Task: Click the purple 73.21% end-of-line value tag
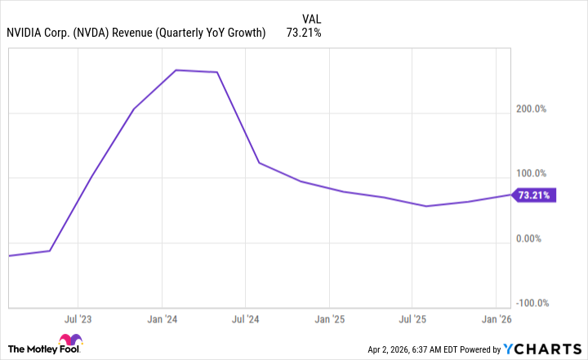click(x=535, y=195)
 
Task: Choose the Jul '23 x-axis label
click(x=78, y=318)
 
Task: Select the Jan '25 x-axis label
click(x=328, y=318)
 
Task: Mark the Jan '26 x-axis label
click(x=497, y=318)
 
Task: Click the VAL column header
click(x=311, y=17)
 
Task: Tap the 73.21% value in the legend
click(x=304, y=33)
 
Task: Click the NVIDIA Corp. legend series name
click(x=136, y=33)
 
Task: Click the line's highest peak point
click(x=177, y=70)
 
